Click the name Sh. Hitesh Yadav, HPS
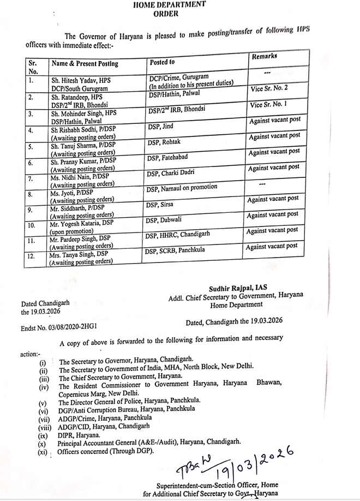coord(81,79)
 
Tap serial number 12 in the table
coord(31,255)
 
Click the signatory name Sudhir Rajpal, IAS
coord(238,288)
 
